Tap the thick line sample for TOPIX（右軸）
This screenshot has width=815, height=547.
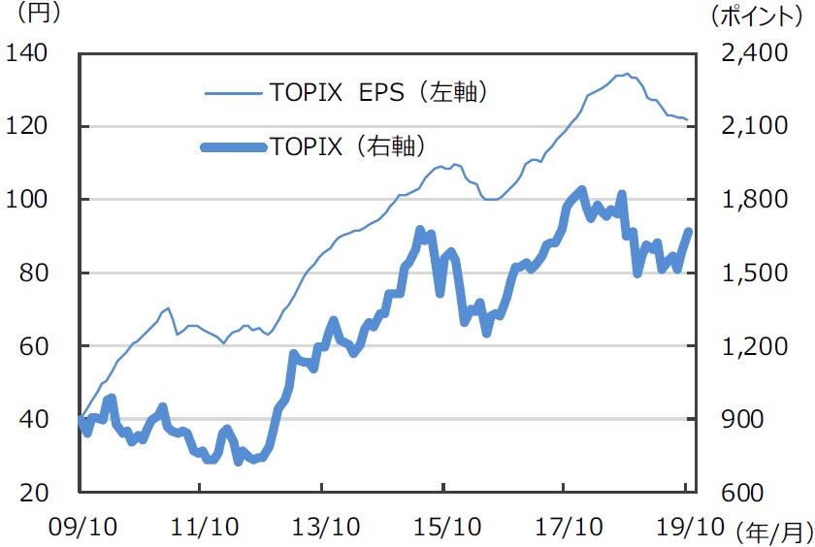point(233,147)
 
